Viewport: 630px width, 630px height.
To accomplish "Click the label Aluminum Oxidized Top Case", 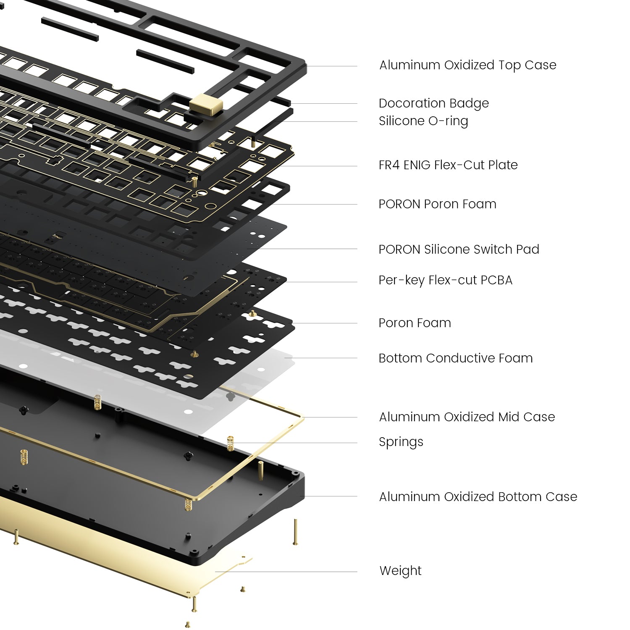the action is coord(467,66).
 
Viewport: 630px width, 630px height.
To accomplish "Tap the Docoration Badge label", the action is coord(434,104).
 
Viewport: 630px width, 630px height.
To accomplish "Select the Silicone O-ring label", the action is coord(423,121).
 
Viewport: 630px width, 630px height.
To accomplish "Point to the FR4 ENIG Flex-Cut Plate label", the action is coord(448,165).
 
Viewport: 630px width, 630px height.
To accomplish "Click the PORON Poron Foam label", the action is coord(437,204).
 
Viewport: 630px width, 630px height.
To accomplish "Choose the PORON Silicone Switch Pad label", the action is coord(459,249).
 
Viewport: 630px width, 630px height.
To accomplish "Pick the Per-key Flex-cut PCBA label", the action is coord(445,281).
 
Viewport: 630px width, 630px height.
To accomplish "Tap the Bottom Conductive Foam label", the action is coord(455,358).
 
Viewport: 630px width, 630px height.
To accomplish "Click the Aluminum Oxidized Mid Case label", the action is coord(467,417).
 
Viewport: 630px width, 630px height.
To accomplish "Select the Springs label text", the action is coord(401,442).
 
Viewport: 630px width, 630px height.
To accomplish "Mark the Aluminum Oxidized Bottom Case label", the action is coord(478,497).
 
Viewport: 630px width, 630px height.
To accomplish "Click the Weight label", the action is coord(400,571).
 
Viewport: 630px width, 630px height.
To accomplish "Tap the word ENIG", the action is coord(417,165).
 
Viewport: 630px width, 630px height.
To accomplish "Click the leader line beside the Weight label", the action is coord(286,572).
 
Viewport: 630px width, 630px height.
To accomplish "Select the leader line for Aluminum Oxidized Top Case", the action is coord(332,66).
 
